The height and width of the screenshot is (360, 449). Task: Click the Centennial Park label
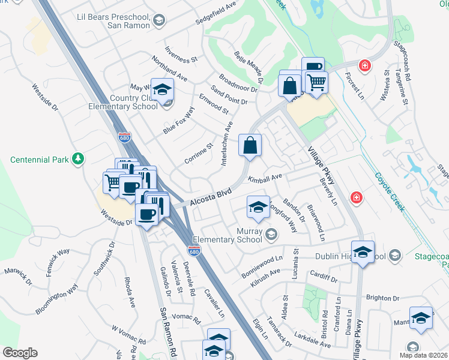(x=40, y=160)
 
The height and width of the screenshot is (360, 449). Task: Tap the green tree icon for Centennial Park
(x=77, y=159)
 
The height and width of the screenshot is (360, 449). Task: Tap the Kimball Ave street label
(x=265, y=178)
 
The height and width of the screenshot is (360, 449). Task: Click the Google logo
(x=19, y=353)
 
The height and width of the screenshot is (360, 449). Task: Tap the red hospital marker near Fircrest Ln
(x=364, y=65)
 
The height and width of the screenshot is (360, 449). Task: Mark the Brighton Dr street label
(x=382, y=298)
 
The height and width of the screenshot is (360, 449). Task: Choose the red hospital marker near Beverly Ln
(x=357, y=197)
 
